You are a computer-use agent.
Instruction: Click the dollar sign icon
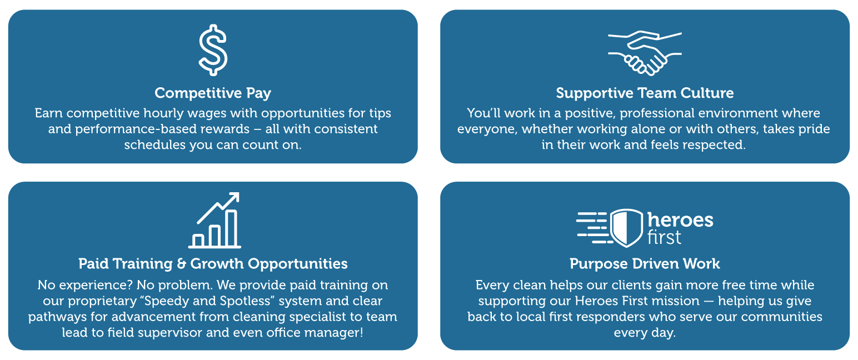click(213, 50)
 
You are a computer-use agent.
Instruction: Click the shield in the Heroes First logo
click(627, 228)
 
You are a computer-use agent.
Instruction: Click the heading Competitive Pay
click(213, 93)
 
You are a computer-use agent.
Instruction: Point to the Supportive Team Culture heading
click(645, 93)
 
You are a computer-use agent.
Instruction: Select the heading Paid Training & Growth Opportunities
click(213, 263)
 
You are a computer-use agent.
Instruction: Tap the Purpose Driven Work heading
click(645, 263)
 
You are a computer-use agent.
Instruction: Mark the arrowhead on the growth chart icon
click(233, 197)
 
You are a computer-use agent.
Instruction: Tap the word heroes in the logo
click(681, 220)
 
